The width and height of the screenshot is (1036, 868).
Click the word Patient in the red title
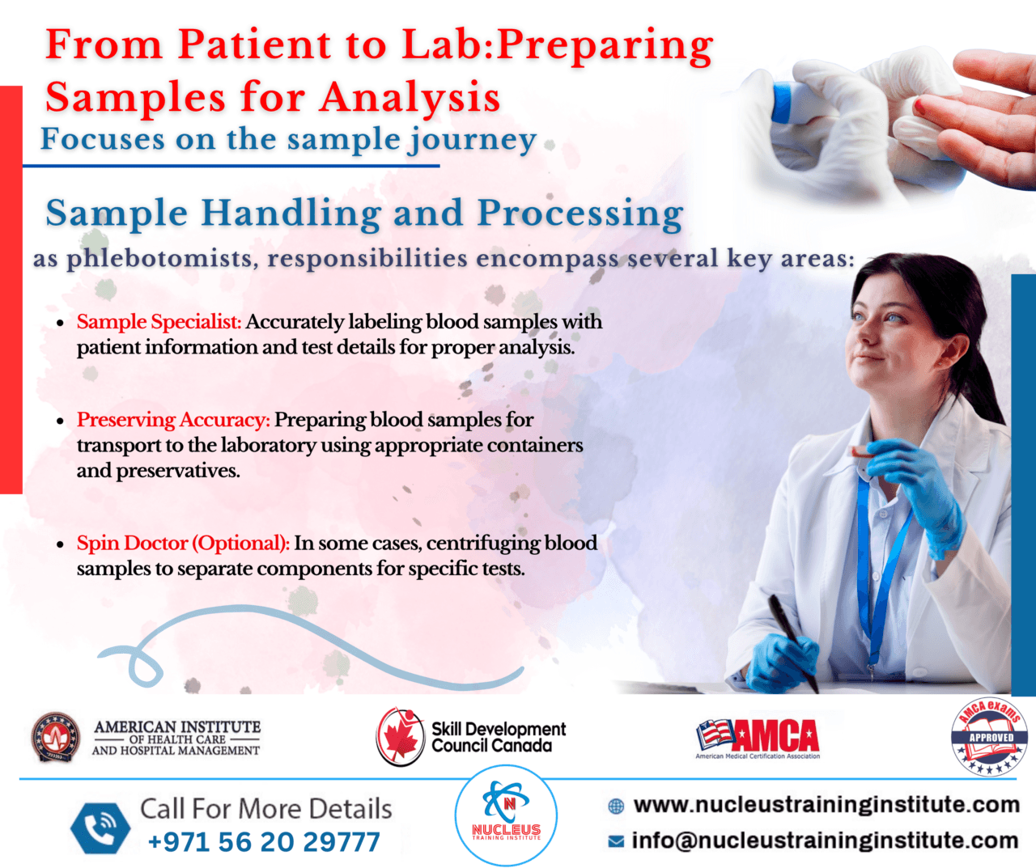coord(254,45)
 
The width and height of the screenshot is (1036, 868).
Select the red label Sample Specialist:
coord(159,321)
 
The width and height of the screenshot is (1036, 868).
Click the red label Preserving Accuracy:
coord(173,420)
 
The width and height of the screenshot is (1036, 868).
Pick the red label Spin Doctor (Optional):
coord(183,543)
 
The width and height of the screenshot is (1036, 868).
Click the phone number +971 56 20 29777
coord(264,842)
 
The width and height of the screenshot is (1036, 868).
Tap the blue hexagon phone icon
coord(100,828)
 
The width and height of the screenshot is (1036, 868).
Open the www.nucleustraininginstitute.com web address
coord(826,805)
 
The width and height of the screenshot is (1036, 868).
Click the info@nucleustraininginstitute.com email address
coord(825,840)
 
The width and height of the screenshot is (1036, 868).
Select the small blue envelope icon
coord(616,841)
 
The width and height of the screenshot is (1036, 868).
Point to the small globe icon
coord(616,807)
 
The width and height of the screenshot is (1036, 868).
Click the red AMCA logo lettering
coord(776,735)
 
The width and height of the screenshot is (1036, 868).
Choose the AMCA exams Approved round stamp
coord(988,737)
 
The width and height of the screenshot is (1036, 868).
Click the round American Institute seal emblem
coord(55,737)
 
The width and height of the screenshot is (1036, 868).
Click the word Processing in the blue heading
coord(580,214)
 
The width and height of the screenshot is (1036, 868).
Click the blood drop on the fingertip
coord(919,105)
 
